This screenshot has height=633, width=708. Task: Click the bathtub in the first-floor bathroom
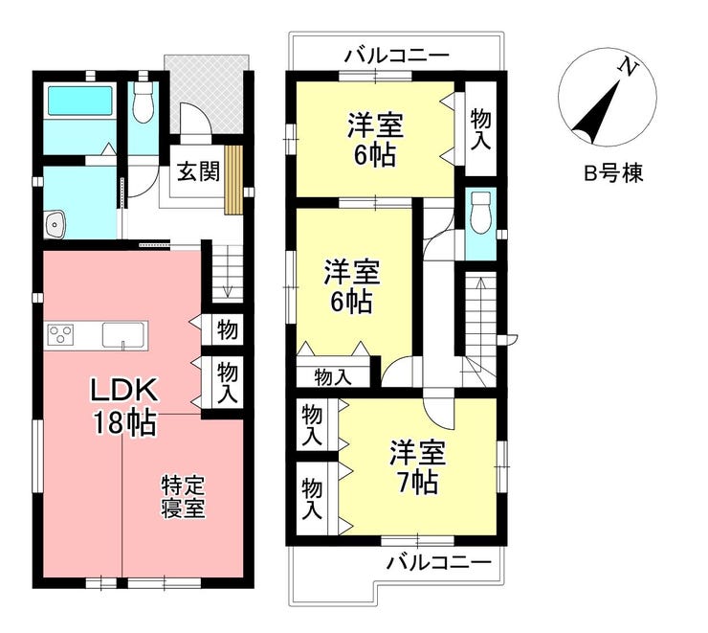point(80,100)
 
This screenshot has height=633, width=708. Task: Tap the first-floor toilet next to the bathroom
point(144,102)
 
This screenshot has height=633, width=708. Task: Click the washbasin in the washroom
point(55,224)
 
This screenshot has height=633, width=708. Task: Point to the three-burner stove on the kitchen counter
point(60,335)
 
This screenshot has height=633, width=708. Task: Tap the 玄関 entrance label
point(198,171)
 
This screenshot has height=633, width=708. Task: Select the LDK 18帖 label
point(124,406)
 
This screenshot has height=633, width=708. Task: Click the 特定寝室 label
point(184,497)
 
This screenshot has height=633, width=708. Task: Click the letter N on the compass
point(628,68)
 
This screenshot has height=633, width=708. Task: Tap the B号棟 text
point(613,173)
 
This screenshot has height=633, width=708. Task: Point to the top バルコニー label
point(397,57)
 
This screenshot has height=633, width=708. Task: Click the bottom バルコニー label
point(438,563)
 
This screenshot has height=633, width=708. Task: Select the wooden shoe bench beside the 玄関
point(233,179)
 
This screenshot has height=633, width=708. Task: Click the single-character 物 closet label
point(228,329)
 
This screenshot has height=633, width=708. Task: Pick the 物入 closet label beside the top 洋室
point(480,129)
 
